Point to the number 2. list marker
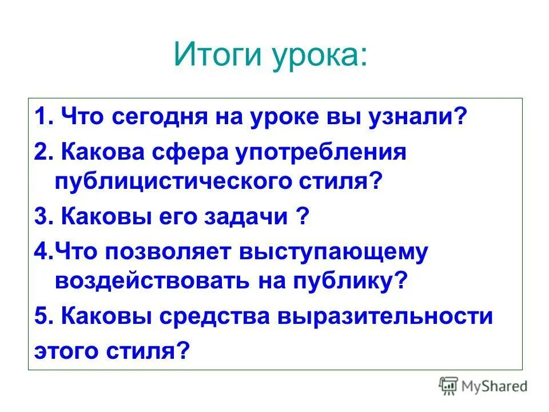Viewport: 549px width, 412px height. pos(43,152)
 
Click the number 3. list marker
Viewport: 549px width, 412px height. pos(43,218)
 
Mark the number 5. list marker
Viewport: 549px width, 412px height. pos(43,316)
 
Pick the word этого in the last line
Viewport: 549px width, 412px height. pos(63,350)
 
